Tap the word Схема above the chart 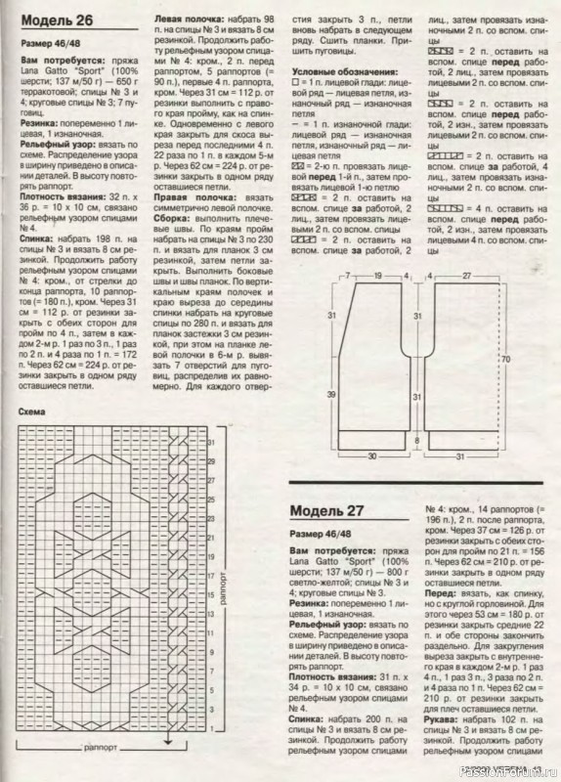coord(34,413)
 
